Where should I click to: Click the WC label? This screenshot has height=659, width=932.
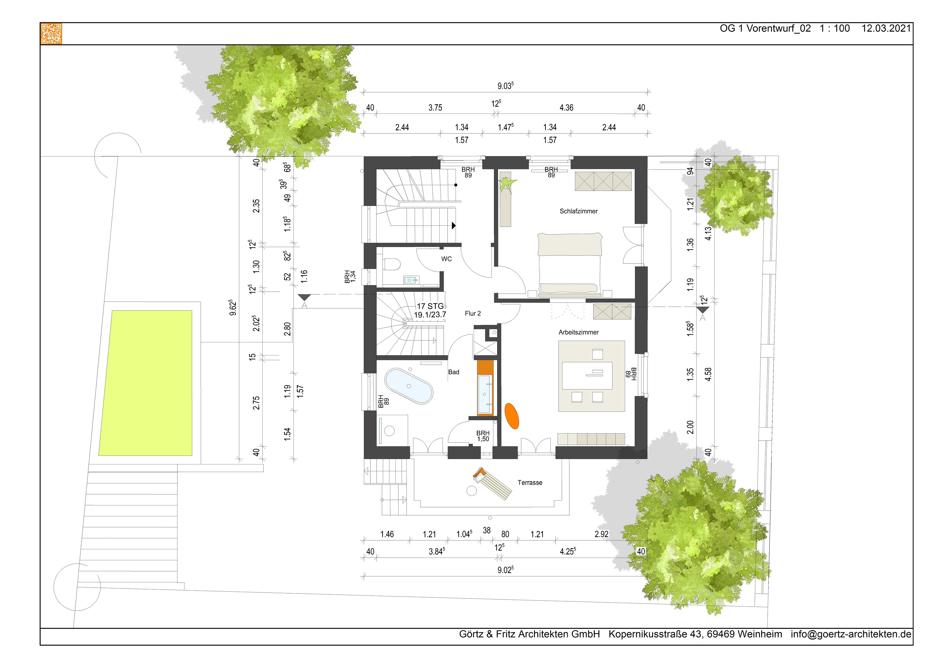coord(447,259)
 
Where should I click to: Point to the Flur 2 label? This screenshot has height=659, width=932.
coord(473,313)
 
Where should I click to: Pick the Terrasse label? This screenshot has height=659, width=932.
coord(530,482)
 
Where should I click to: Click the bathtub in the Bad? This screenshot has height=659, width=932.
coord(409,386)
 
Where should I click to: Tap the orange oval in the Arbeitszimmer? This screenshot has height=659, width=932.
coord(512,416)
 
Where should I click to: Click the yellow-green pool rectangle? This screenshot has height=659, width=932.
coord(146,383)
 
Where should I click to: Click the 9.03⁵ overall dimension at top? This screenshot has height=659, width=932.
coord(505,86)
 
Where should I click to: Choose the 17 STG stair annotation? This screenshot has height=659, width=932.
coord(430,306)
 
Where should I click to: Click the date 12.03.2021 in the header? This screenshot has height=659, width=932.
coord(886,28)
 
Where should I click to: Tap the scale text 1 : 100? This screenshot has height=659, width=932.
coord(835,28)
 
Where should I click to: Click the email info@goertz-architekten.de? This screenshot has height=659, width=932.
coord(851,634)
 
